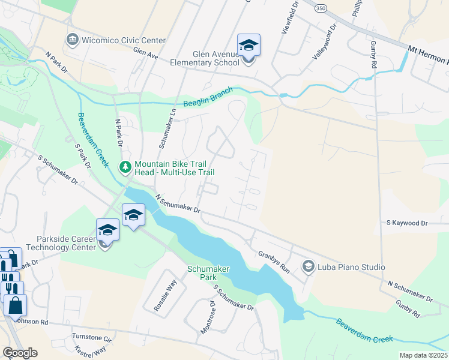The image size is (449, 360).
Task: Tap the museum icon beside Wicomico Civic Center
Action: click(73, 40)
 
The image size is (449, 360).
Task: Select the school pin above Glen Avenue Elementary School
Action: click(249, 46)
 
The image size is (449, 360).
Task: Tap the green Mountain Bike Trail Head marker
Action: click(125, 167)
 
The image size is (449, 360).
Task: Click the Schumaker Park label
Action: click(208, 274)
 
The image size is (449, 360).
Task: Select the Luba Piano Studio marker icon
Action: click(309, 266)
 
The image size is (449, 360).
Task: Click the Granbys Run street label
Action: click(274, 262)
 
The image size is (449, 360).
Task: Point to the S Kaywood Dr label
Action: click(407, 223)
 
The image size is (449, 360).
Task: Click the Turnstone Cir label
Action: click(92, 337)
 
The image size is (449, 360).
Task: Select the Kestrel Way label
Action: click(91, 350)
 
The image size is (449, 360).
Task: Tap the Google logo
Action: click(20, 353)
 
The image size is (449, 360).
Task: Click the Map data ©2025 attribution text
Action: click(423, 355)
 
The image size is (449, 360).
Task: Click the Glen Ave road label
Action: click(145, 54)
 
